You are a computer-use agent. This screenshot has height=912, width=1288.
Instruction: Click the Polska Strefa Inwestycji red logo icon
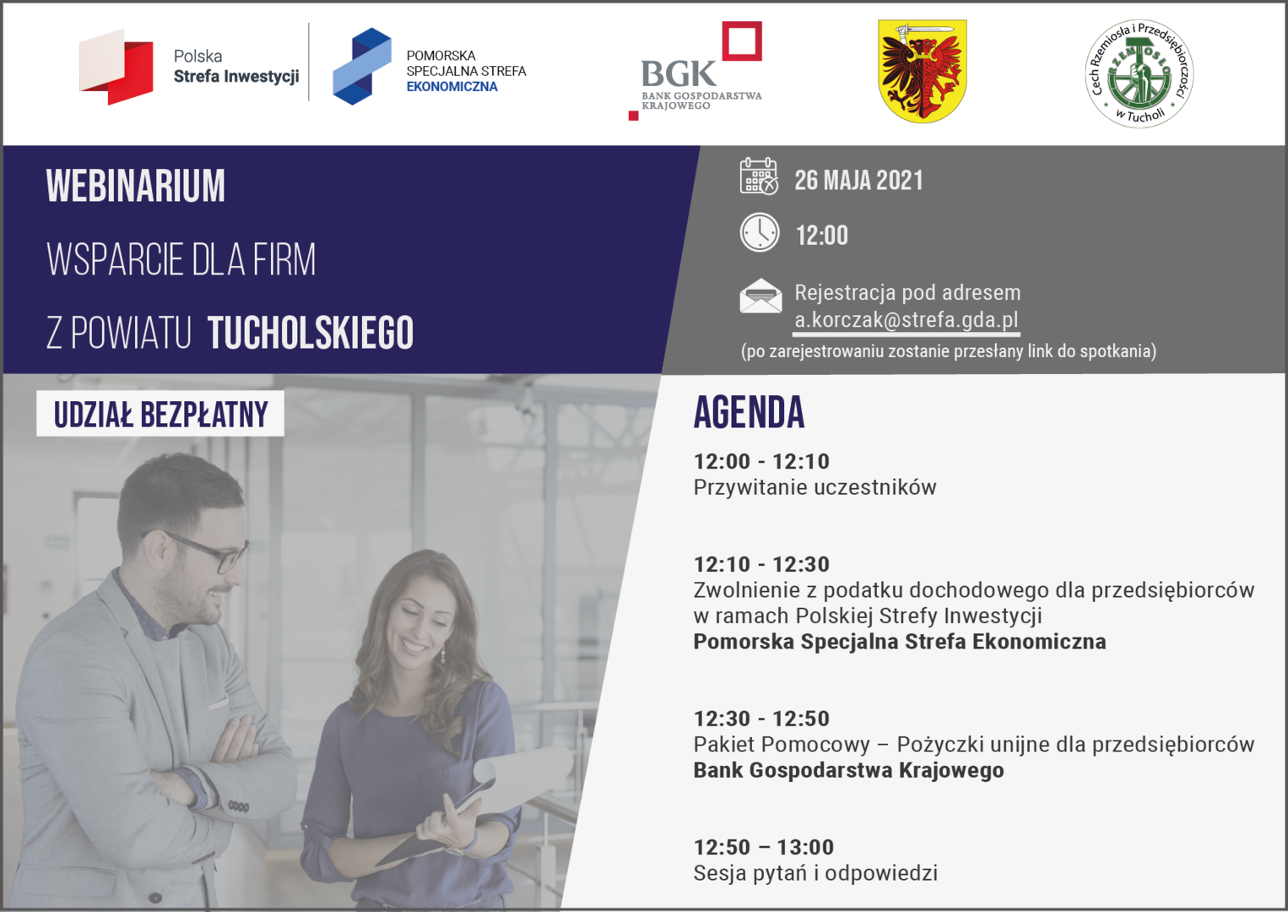[x=116, y=67]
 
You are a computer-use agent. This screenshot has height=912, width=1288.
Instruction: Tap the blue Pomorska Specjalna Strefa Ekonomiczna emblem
[x=362, y=66]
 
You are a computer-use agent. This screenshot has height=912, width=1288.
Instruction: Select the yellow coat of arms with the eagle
[x=923, y=71]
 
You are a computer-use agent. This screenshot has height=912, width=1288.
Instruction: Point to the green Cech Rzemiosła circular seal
[x=1139, y=73]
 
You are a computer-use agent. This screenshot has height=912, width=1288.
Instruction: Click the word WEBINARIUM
[x=136, y=186]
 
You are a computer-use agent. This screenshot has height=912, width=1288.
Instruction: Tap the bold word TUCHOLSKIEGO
[x=311, y=333]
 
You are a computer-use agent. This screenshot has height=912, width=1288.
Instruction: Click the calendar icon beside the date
[x=759, y=176]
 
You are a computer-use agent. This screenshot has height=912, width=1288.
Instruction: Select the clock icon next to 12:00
[x=760, y=232]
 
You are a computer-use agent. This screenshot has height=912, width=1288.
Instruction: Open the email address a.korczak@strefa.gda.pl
[x=906, y=320]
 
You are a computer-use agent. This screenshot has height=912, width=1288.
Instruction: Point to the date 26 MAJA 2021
[x=858, y=180]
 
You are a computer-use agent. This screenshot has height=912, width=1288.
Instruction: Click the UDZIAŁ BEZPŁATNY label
[x=160, y=414]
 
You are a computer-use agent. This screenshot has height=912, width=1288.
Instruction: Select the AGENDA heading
[x=749, y=412]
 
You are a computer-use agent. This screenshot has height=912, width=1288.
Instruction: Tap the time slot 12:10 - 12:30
[x=761, y=564]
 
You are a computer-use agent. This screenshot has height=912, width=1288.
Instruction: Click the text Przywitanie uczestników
[x=814, y=487]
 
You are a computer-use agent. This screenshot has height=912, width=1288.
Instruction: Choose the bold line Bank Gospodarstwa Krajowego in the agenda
[x=849, y=770]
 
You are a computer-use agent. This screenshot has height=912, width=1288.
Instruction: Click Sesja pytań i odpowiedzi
[x=815, y=873]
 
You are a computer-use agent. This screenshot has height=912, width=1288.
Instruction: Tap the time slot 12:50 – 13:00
[x=764, y=847]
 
